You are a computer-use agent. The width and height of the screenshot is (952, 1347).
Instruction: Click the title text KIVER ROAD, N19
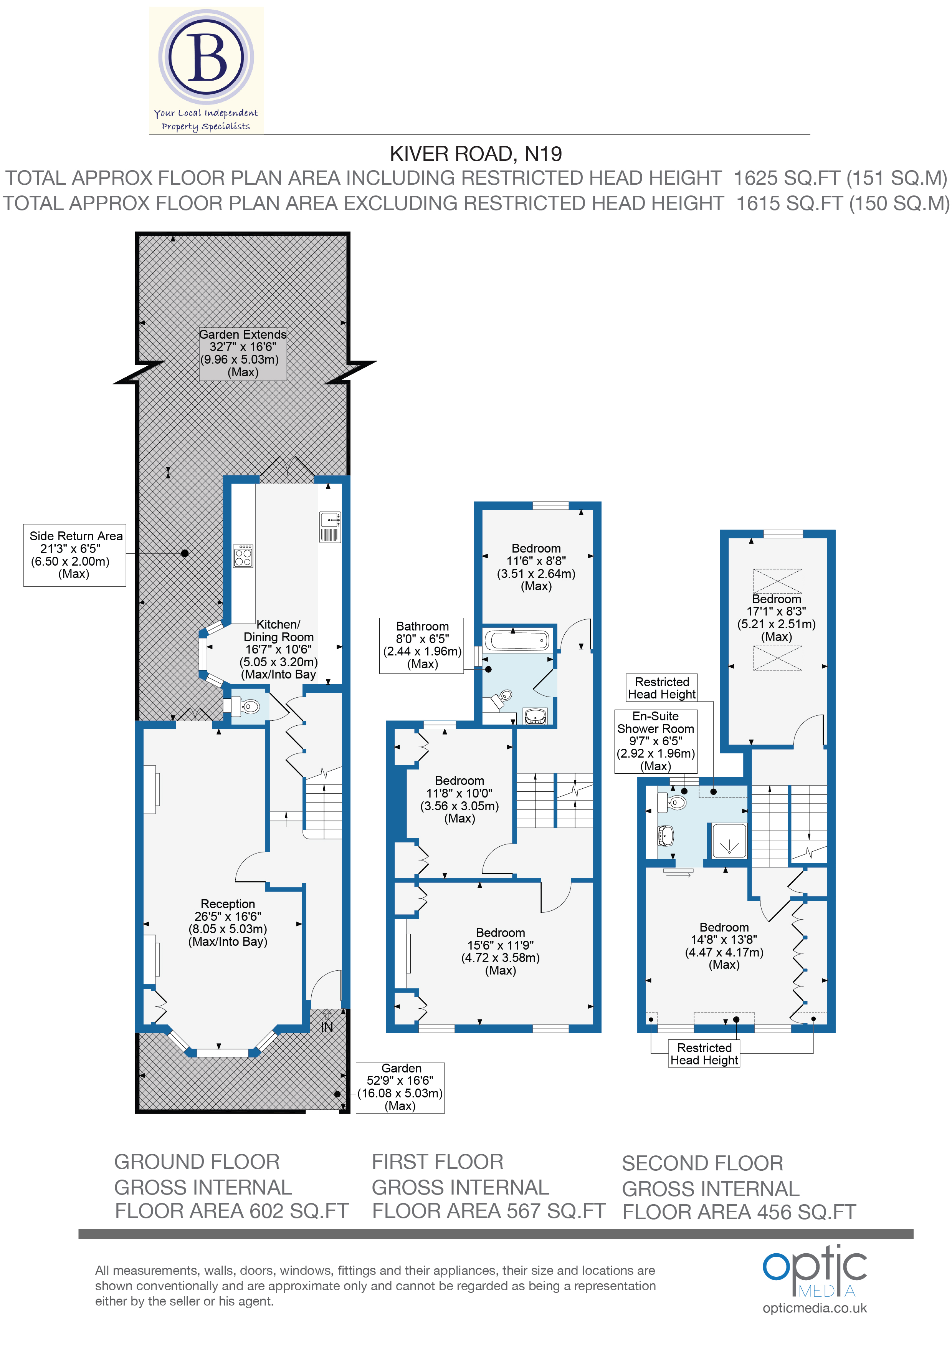475,154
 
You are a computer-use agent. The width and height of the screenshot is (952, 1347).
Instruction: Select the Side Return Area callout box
74,554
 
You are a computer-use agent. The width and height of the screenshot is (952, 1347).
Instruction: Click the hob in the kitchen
243,556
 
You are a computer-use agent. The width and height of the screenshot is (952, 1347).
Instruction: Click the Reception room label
228,922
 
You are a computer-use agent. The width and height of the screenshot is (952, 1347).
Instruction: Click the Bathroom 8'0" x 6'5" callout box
422,645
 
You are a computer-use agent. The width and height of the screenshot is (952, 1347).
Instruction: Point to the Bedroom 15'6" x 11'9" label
500,951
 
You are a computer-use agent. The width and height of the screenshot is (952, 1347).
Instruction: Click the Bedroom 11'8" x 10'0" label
459,799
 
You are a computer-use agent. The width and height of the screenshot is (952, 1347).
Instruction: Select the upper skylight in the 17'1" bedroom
777,581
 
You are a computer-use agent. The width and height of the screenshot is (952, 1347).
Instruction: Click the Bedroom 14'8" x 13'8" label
724,946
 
